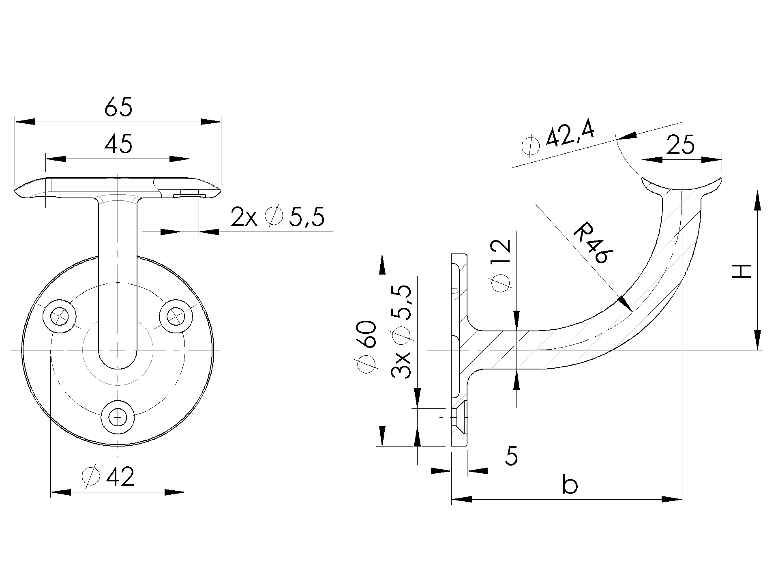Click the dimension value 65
(x=118, y=107)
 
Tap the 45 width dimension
(x=118, y=144)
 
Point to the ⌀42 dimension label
(x=108, y=477)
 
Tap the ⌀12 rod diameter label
(x=500, y=266)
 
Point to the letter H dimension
(x=742, y=271)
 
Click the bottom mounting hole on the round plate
(x=118, y=417)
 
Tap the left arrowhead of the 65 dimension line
(x=24, y=122)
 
